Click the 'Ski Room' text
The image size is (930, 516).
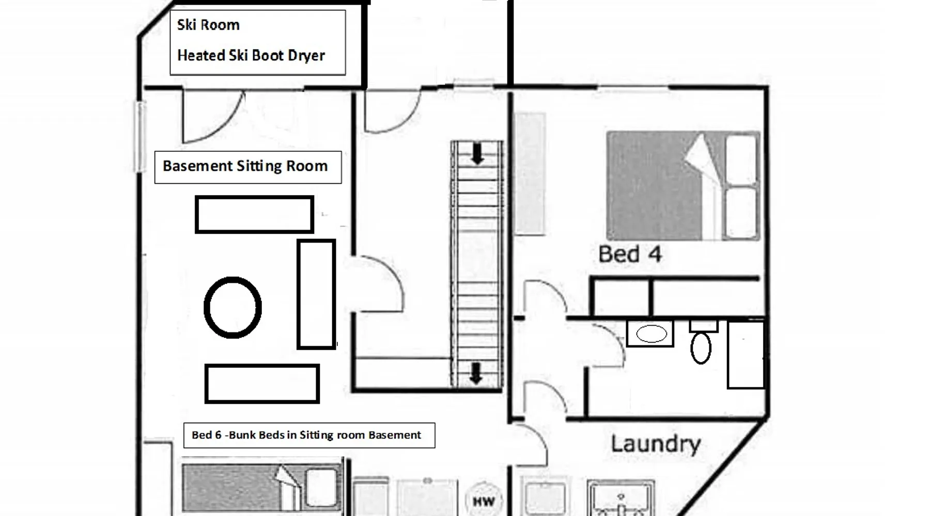(x=208, y=25)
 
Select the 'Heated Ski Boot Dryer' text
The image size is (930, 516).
(x=251, y=55)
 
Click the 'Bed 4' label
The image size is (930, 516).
(x=630, y=254)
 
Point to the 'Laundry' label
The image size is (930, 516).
(x=656, y=444)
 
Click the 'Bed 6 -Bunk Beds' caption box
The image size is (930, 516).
(x=309, y=435)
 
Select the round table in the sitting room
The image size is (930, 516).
(x=233, y=308)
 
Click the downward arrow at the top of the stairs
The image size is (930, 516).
(x=477, y=154)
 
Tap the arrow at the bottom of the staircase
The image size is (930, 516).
(x=476, y=373)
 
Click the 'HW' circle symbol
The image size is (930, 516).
(x=484, y=501)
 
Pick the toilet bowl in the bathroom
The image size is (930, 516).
(x=701, y=348)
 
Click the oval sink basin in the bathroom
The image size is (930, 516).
(x=652, y=334)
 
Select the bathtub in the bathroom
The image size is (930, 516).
(x=746, y=354)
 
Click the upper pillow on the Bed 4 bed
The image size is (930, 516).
(x=742, y=159)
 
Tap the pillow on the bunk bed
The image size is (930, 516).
(x=321, y=487)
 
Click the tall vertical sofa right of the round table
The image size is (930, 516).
(x=316, y=294)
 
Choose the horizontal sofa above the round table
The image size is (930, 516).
(x=254, y=214)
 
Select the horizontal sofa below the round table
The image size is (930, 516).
(x=262, y=383)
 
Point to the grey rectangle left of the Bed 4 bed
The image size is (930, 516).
(x=530, y=174)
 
